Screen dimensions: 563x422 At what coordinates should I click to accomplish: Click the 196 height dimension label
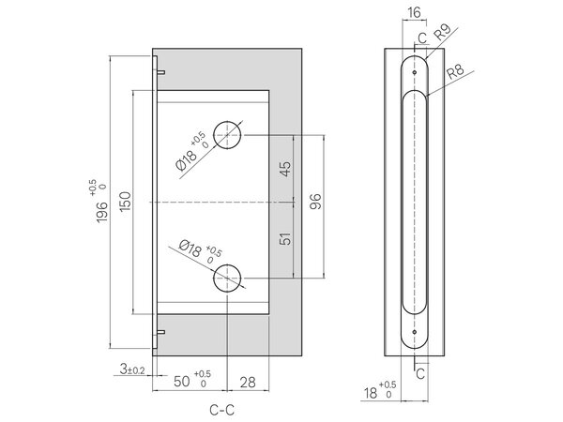101,213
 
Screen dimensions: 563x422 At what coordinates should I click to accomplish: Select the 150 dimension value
125,202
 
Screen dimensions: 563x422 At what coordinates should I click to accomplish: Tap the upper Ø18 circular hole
227,135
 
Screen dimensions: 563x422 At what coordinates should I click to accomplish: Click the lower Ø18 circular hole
227,279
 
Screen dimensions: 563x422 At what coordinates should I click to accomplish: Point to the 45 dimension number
285,169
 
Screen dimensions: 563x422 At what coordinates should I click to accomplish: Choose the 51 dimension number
285,238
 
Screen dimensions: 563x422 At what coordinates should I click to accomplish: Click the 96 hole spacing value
315,202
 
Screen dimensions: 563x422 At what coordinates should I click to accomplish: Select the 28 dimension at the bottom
248,383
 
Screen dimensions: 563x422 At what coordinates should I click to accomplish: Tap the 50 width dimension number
182,382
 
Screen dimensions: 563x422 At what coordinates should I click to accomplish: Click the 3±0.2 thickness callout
132,369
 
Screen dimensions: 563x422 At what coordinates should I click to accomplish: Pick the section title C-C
221,410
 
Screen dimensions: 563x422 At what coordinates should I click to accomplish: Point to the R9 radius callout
442,33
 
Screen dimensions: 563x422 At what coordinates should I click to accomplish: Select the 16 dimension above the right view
414,12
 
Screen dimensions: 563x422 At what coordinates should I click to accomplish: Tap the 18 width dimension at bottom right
371,393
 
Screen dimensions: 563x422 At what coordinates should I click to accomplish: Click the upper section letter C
422,38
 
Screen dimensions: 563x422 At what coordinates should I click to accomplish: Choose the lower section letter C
420,374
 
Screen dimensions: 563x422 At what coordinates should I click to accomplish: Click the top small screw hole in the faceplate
415,72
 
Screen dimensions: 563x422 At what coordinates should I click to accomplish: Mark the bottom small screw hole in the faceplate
415,332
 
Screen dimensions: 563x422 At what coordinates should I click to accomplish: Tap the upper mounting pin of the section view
161,72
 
